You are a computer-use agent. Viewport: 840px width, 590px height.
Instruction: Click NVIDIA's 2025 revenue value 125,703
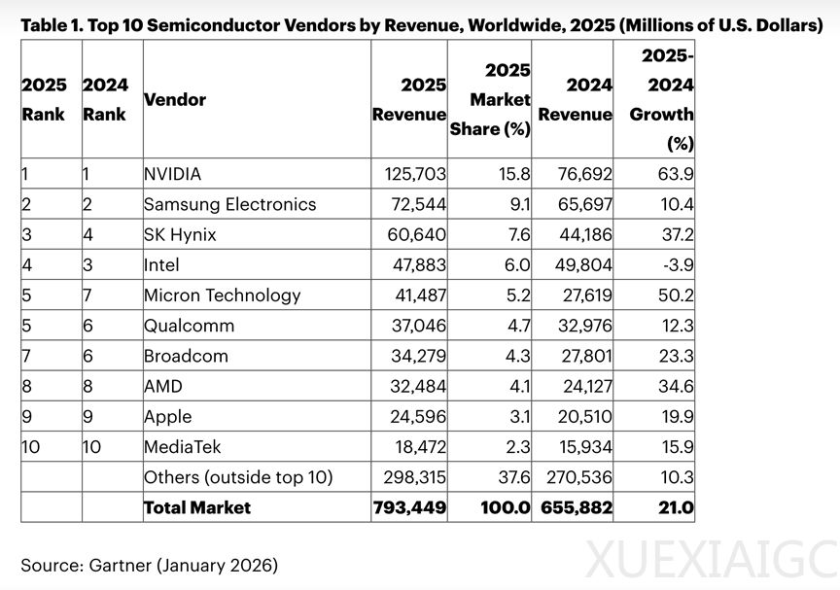[x=409, y=175]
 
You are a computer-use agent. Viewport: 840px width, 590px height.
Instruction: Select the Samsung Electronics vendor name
[x=229, y=204]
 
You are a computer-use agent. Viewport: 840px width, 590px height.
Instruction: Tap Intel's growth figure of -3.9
[x=674, y=265]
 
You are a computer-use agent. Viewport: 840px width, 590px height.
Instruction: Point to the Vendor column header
[x=175, y=99]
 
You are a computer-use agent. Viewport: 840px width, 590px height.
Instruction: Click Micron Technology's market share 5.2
[x=516, y=295]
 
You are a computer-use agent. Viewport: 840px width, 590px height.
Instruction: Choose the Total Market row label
[x=197, y=507]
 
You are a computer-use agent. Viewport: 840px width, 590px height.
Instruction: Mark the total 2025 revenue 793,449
[x=409, y=507]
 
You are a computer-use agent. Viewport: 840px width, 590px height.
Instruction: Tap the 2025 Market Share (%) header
[x=491, y=99]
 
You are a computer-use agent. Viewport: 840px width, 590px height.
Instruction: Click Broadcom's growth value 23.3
[x=675, y=356]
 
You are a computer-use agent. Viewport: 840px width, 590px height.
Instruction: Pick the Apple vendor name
[x=167, y=416]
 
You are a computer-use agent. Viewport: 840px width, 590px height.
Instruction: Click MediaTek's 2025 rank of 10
[x=32, y=446]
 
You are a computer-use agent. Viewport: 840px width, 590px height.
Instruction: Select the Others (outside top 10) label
[x=238, y=477]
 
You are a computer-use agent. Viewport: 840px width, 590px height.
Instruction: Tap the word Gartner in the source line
[x=122, y=564]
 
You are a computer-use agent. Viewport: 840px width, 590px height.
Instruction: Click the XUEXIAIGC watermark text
[x=713, y=561]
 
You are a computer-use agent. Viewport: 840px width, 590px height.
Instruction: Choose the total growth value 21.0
[x=673, y=507]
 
